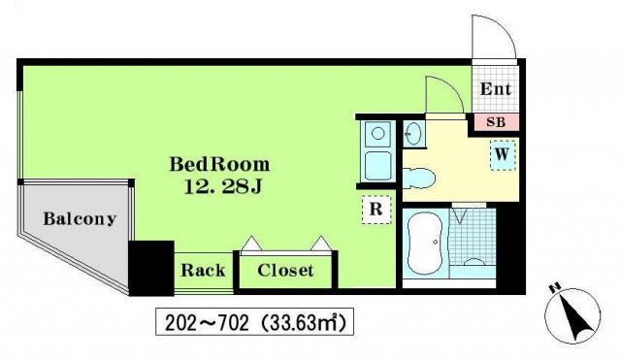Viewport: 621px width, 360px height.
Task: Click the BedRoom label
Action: pos(220,164)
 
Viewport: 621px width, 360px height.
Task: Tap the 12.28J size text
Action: pos(223,187)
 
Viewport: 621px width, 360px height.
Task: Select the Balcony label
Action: pos(80,218)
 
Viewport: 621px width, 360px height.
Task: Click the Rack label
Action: pos(203,270)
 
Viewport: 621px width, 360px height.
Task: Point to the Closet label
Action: pos(285,270)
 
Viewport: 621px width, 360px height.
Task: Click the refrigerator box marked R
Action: pos(376,210)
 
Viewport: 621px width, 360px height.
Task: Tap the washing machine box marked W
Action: pos(503,155)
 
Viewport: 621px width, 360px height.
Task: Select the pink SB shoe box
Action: pos(496,122)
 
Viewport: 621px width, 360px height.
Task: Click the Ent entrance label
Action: pos(496,88)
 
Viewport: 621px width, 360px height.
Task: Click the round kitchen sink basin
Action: pos(378,134)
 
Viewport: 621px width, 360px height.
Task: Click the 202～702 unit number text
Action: pos(207,323)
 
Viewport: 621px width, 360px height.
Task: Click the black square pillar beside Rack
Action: pos(151,268)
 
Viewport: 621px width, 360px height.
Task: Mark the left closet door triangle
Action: pos(251,244)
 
